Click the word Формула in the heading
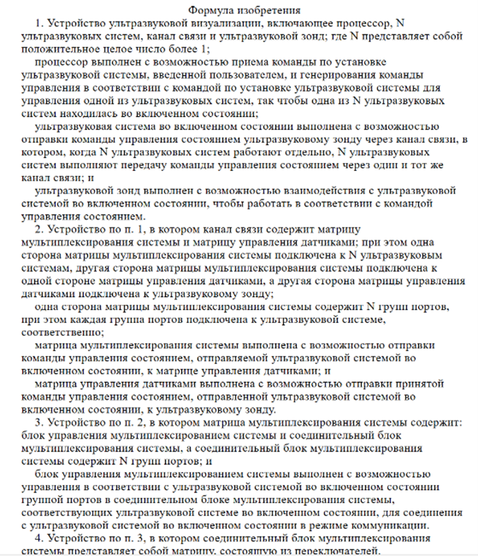coord(209,10)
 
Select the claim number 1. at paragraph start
coord(40,24)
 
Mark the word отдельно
coord(306,152)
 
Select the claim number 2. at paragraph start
coord(40,229)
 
